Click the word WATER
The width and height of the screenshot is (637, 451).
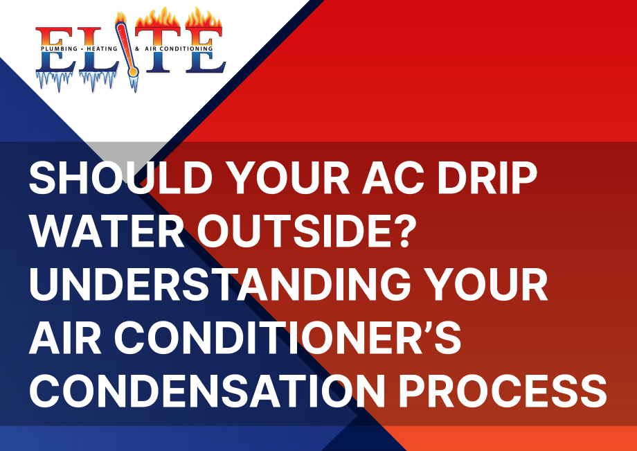[107, 231]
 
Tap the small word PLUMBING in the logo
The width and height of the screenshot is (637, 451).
[59, 48]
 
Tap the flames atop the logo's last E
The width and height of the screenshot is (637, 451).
[204, 18]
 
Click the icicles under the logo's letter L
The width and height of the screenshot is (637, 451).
[98, 80]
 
